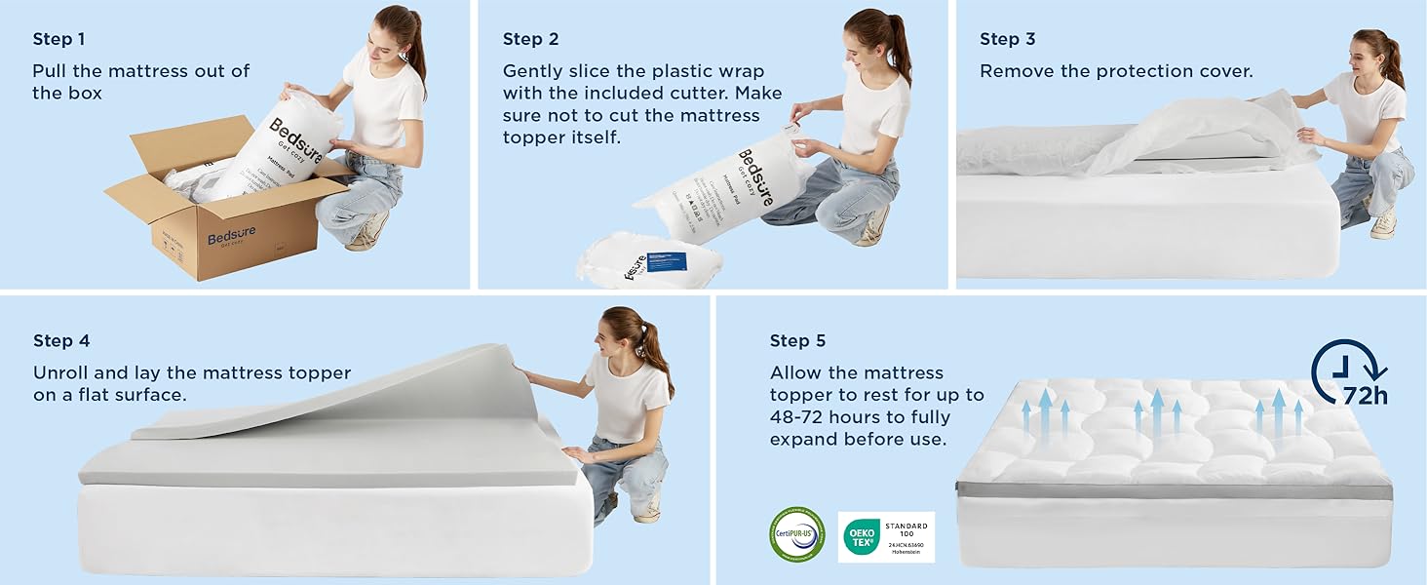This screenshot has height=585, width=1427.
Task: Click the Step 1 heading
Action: pyautogui.click(x=58, y=39)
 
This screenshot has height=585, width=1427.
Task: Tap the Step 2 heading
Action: pyautogui.click(x=530, y=39)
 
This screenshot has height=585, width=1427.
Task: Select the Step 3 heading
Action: pyautogui.click(x=1007, y=39)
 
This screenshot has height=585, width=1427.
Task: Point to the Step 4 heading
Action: pyautogui.click(x=60, y=340)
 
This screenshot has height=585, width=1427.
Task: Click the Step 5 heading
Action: pyautogui.click(x=797, y=340)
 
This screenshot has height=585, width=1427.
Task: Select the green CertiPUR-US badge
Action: pyautogui.click(x=796, y=535)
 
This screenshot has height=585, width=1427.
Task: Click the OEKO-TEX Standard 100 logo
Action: pyautogui.click(x=886, y=537)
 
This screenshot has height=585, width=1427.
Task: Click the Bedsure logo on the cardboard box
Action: pyautogui.click(x=230, y=238)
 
